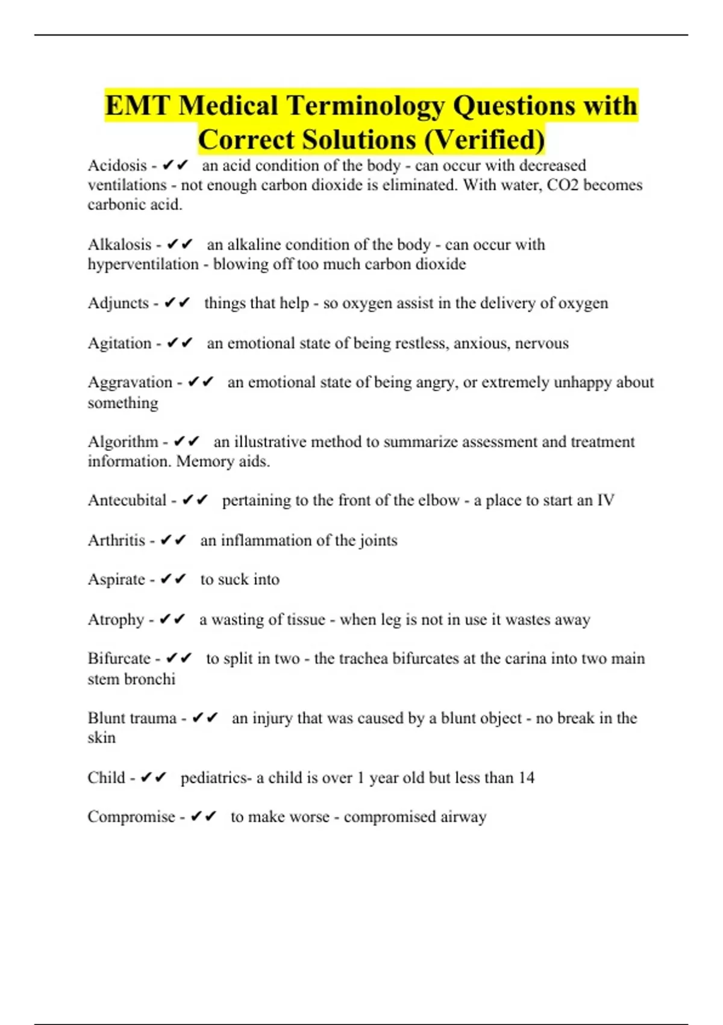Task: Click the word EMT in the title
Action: pos(137,106)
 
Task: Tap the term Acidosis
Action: pos(117,165)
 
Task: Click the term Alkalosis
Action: pos(119,244)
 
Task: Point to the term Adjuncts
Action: pos(118,303)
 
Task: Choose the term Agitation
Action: pos(119,343)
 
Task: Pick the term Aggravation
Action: pos(130,382)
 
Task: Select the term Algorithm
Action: pos(123,442)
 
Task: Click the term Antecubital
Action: pos(127,500)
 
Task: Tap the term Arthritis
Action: pos(116,540)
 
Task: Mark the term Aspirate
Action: pos(116,579)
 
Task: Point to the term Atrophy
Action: pos(116,620)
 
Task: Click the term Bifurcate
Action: pos(119,658)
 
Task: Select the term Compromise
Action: pos(131,817)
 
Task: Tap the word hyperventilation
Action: pos(143,264)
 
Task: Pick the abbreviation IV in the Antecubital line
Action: pos(606,500)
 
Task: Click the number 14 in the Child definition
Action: pos(526,778)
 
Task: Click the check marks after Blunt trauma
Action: pos(205,718)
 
